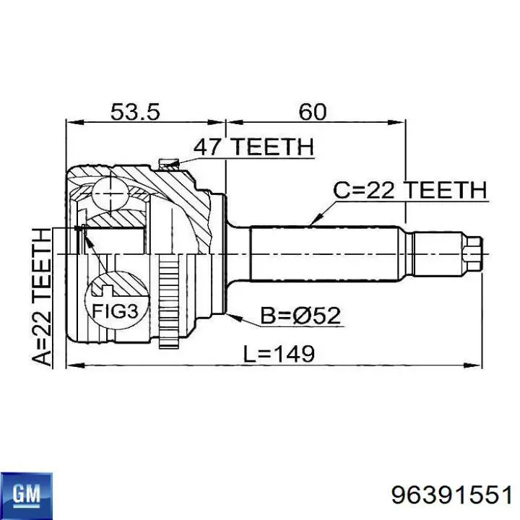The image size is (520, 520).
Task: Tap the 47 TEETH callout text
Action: (253, 147)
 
